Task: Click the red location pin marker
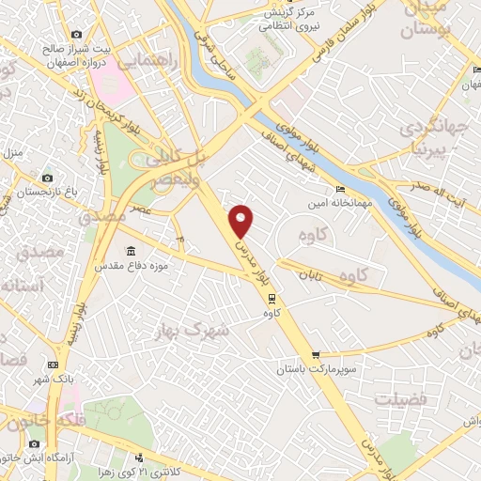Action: coord(242,221)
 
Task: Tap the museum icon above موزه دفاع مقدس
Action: coord(129,250)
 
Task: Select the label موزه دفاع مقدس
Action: coord(130,267)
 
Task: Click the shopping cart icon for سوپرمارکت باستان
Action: coord(317,355)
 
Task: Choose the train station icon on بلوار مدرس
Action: coord(272,299)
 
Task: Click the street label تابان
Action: coord(311,274)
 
